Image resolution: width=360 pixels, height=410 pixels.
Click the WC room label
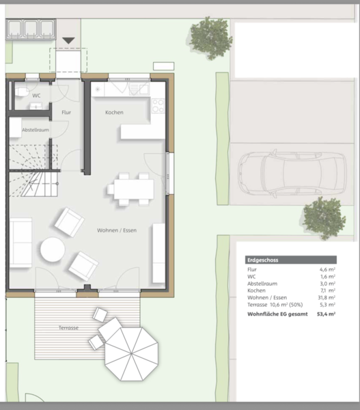click(36, 96)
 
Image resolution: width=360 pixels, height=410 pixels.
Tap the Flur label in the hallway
click(66, 112)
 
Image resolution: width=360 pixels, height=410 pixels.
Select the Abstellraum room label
click(36, 130)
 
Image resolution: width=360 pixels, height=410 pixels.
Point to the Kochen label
click(114, 113)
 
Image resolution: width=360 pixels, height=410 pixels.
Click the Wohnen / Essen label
click(117, 230)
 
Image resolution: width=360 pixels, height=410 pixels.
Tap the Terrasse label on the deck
click(68, 327)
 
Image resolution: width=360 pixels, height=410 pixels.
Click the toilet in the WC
click(22, 92)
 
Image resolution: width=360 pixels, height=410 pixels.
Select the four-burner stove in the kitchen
click(158, 106)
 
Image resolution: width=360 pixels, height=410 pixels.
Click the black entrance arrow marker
click(69, 40)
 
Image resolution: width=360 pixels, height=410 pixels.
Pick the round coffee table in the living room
click(53, 249)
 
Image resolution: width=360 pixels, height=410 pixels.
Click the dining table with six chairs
click(130, 189)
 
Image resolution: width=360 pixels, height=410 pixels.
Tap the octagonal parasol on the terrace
click(132, 354)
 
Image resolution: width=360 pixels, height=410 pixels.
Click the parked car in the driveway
click(292, 174)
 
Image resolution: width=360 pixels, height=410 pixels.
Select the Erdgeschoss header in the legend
click(263, 260)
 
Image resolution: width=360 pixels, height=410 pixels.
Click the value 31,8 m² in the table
click(327, 297)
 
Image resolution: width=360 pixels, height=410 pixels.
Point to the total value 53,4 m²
click(327, 314)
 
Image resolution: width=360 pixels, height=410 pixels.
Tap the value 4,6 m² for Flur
click(327, 270)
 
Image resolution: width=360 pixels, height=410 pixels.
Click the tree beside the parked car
click(324, 218)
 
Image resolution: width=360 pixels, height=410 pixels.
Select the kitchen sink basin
click(143, 88)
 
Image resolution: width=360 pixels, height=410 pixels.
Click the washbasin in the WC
click(36, 106)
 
